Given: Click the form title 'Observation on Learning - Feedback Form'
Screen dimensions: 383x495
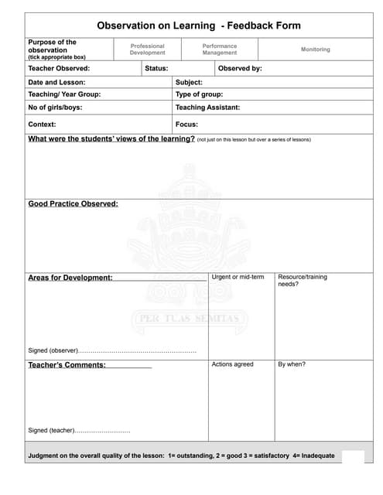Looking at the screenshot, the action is pyautogui.click(x=199, y=26).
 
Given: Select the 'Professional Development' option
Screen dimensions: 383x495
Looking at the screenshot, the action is pyautogui.click(x=147, y=49).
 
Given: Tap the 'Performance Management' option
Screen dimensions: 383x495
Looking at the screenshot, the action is pyautogui.click(x=220, y=49).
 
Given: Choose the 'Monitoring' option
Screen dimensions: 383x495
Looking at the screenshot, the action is pyautogui.click(x=315, y=49).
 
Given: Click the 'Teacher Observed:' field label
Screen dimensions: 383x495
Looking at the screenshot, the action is pyautogui.click(x=59, y=68).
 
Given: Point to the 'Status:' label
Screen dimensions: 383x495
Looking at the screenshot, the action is pyautogui.click(x=157, y=68).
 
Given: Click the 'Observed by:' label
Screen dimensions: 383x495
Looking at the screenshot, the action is pyautogui.click(x=240, y=68).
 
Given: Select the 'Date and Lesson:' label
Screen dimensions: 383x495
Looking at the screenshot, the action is pyautogui.click(x=56, y=82).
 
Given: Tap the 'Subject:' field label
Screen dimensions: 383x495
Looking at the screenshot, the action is pyautogui.click(x=189, y=82).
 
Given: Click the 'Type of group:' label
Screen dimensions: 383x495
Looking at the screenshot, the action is pyautogui.click(x=199, y=94).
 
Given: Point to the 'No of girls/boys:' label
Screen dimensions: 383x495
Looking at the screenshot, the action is pyautogui.click(x=55, y=108).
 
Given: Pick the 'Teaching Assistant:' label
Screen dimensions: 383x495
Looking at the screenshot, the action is pyautogui.click(x=207, y=108).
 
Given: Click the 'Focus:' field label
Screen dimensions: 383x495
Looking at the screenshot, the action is pyautogui.click(x=186, y=124).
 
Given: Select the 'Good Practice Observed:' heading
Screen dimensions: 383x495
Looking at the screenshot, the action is pyautogui.click(x=73, y=204).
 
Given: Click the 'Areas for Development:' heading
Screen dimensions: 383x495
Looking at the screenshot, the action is pyautogui.click(x=70, y=278).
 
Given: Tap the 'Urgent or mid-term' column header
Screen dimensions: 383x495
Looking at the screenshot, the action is pyautogui.click(x=238, y=277).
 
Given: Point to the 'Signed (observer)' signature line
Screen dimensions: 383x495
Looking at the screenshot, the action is pyautogui.click(x=112, y=350).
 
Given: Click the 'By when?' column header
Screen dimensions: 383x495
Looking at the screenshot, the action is pyautogui.click(x=292, y=364).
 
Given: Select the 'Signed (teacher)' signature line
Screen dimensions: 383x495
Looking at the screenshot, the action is pyautogui.click(x=79, y=430).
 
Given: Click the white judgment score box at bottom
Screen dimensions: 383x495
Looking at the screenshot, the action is pyautogui.click(x=353, y=456).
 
